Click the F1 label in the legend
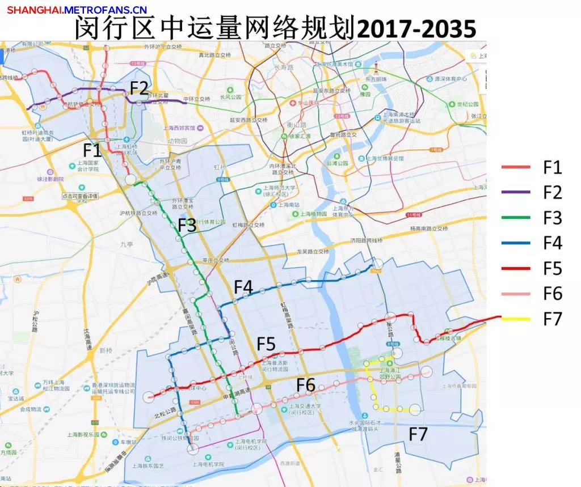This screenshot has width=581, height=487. click(x=552, y=167)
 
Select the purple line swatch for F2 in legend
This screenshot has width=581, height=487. click(x=516, y=193)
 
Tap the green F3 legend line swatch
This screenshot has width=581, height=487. click(x=516, y=218)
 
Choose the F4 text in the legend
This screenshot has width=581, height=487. click(x=552, y=243)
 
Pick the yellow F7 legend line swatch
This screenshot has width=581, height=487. click(x=516, y=319)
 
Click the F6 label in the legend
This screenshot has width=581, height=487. click(x=552, y=293)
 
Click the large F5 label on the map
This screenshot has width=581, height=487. click(x=266, y=344)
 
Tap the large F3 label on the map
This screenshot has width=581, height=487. click(x=187, y=225)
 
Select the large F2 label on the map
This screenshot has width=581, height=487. click(x=139, y=88)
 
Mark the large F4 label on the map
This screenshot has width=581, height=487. click(x=243, y=287)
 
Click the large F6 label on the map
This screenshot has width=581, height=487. click(x=305, y=385)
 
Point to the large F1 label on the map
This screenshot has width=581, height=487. click(x=92, y=151)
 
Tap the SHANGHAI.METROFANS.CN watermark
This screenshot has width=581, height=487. click(x=77, y=10)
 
